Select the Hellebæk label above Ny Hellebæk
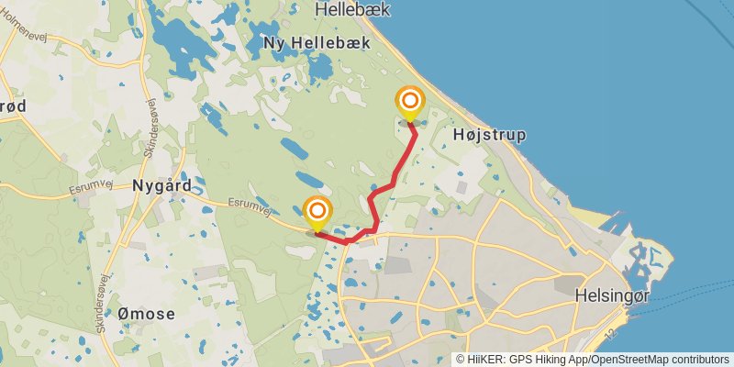[352, 9]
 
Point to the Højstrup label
[490, 135]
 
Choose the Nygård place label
[161, 184]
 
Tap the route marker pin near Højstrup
[409, 102]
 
